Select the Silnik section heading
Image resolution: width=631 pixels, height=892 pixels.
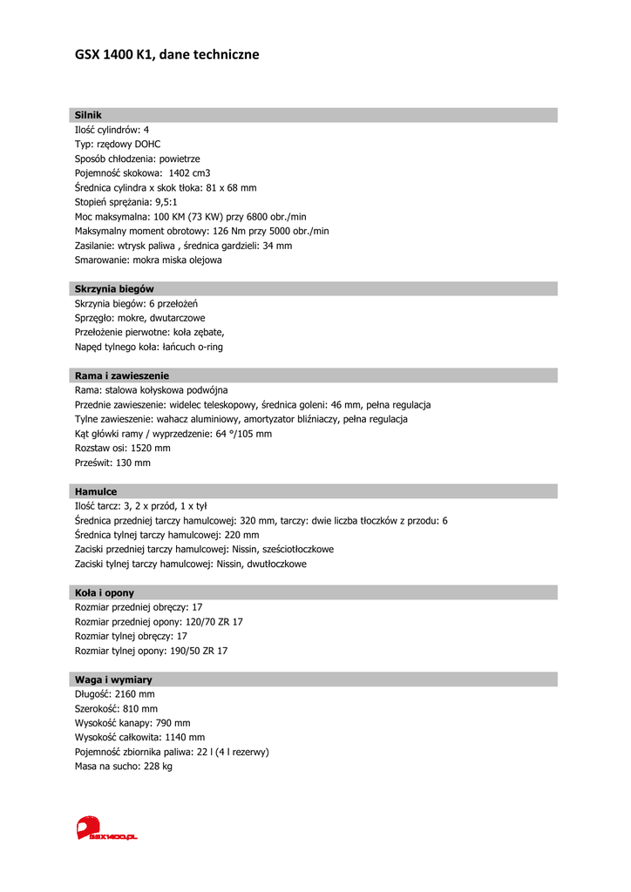point(88,115)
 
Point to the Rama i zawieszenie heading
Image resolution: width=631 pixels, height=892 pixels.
point(122,375)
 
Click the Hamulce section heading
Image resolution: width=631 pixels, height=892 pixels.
point(96,491)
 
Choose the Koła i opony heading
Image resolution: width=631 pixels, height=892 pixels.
point(105,592)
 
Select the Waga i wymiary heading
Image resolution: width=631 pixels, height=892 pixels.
point(113,679)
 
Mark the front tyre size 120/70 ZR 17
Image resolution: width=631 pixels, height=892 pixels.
point(214,622)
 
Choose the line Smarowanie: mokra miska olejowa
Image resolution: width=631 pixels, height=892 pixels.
point(148,260)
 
